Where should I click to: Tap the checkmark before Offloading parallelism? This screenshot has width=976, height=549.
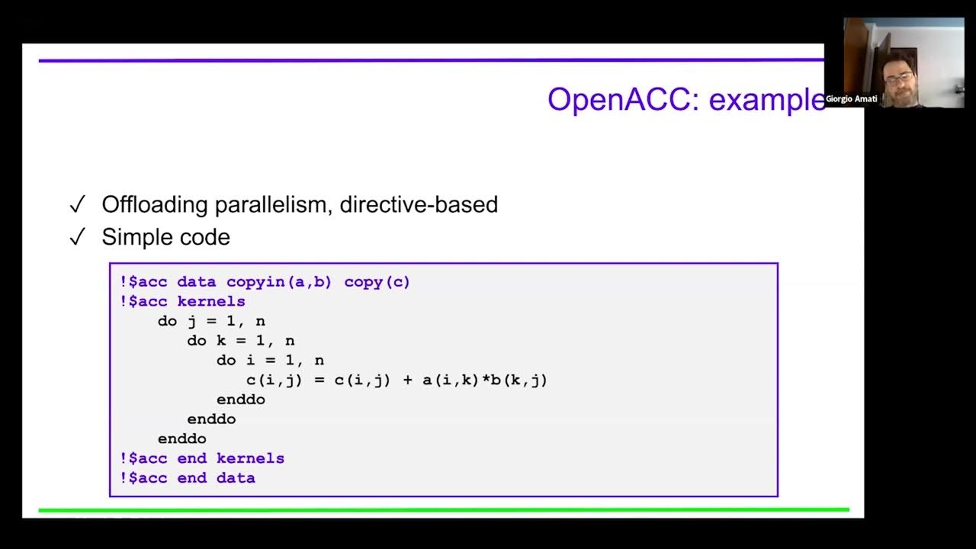pyautogui.click(x=77, y=204)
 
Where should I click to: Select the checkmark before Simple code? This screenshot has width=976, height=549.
pyautogui.click(x=77, y=237)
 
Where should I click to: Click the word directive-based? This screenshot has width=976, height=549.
pyautogui.click(x=419, y=204)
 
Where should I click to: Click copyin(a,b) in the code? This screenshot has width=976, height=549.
pyautogui.click(x=279, y=282)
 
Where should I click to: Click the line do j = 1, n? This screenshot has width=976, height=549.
pyautogui.click(x=211, y=321)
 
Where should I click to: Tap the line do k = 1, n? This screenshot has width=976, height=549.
pyautogui.click(x=241, y=341)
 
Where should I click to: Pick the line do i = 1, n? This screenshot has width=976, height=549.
pyautogui.click(x=270, y=360)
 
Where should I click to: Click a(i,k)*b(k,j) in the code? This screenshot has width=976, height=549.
pyautogui.click(x=485, y=380)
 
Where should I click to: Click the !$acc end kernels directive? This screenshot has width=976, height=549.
pyautogui.click(x=202, y=458)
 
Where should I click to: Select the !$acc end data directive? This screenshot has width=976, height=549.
pyautogui.click(x=188, y=478)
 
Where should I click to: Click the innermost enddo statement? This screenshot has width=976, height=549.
pyautogui.click(x=241, y=400)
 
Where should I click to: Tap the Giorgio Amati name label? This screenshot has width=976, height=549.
pyautogui.click(x=851, y=98)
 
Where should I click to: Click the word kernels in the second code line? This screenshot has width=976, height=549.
pyautogui.click(x=211, y=302)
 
